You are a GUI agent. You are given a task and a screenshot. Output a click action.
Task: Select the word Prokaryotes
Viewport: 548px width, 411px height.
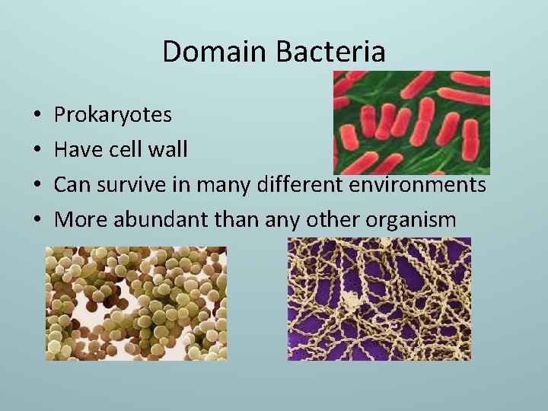[x=113, y=116]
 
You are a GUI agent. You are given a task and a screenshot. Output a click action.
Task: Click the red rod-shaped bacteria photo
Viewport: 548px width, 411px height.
[x=412, y=122]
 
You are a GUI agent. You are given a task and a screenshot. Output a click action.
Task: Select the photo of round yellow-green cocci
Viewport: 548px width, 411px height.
[x=136, y=303]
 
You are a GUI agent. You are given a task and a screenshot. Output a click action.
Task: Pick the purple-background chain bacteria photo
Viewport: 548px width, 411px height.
[x=379, y=298]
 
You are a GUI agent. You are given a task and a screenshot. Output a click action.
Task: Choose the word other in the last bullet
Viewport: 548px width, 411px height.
[x=333, y=220]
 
